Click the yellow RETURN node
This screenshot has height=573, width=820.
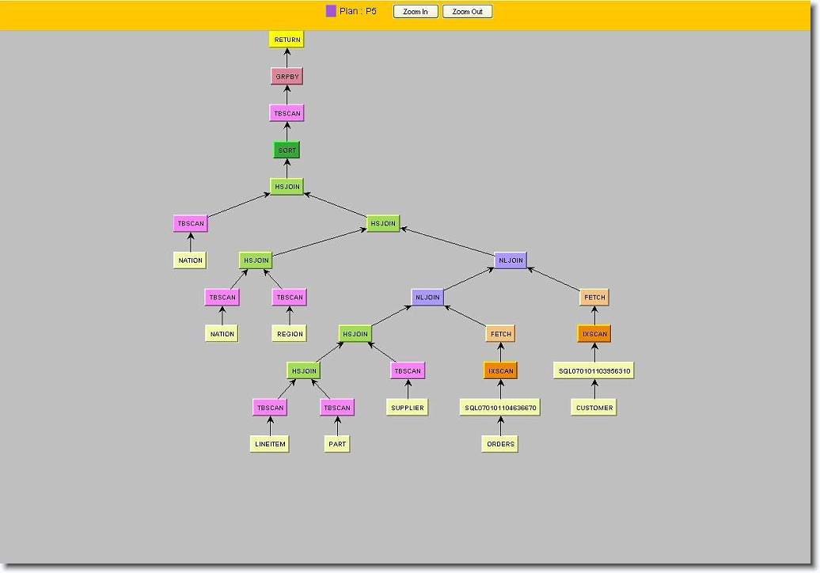(x=287, y=40)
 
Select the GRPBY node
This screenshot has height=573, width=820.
(x=287, y=76)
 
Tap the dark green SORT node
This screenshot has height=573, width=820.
(x=287, y=150)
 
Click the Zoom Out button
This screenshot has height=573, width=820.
(x=468, y=12)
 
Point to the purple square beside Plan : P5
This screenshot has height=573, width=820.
(x=331, y=11)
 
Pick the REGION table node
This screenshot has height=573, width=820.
(x=290, y=334)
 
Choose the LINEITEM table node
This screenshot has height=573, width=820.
(x=270, y=444)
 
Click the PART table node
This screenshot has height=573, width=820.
(x=337, y=444)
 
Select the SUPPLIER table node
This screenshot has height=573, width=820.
(x=408, y=408)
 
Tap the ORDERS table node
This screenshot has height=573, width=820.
(x=500, y=444)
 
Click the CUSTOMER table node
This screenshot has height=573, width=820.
(x=594, y=408)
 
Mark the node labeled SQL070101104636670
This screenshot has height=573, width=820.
(x=500, y=408)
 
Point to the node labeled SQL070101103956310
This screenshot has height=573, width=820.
(x=594, y=371)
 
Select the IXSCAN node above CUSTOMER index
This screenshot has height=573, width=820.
(x=594, y=334)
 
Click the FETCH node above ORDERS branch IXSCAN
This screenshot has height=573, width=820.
(x=500, y=334)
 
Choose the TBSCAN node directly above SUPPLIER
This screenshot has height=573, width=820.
(x=408, y=371)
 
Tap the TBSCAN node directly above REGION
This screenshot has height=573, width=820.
(x=290, y=298)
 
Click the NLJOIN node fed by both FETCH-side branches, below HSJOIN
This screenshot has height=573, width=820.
(x=511, y=260)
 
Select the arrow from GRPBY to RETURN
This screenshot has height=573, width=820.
(x=287, y=58)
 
